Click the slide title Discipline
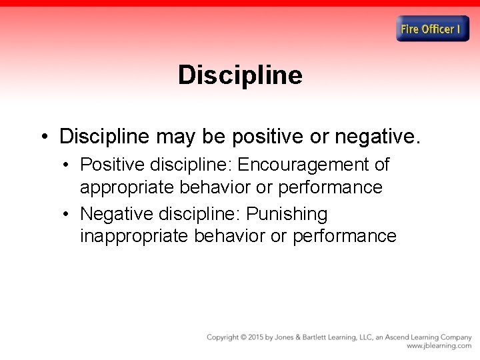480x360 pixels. click(240, 75)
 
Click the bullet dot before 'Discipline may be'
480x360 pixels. click(43, 137)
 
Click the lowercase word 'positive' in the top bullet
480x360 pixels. click(267, 137)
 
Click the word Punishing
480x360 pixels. click(287, 214)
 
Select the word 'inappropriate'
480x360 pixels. click(134, 236)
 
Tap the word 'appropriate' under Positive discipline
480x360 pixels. click(127, 187)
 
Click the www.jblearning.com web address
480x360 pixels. click(439, 346)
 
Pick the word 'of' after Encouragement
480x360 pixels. click(381, 164)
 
